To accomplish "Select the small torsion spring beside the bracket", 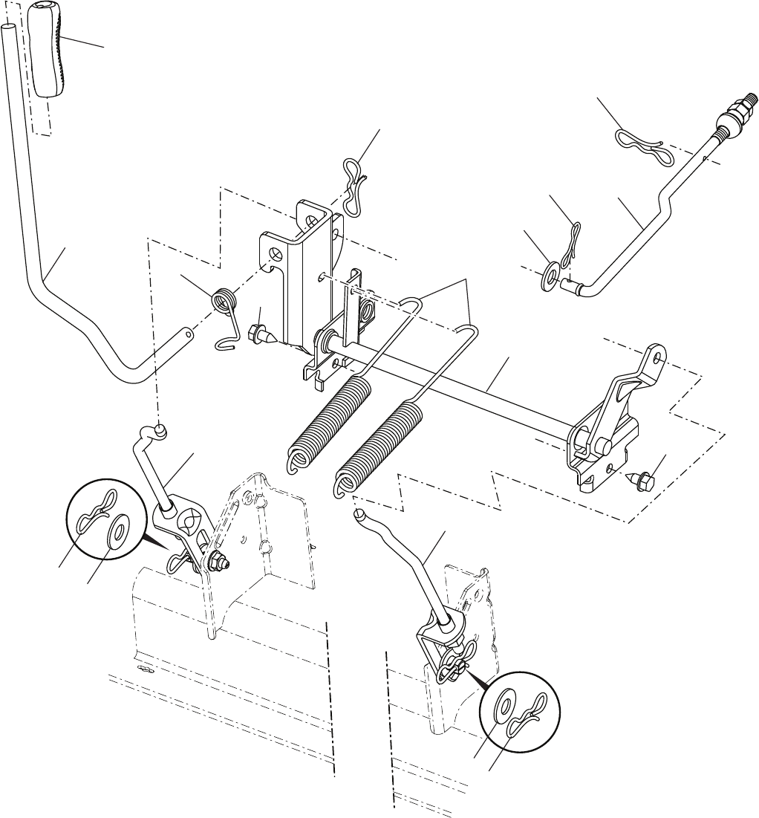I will coord(222,303).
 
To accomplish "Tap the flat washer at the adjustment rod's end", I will coord(550,273).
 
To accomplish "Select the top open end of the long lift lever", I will coord(8,27).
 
